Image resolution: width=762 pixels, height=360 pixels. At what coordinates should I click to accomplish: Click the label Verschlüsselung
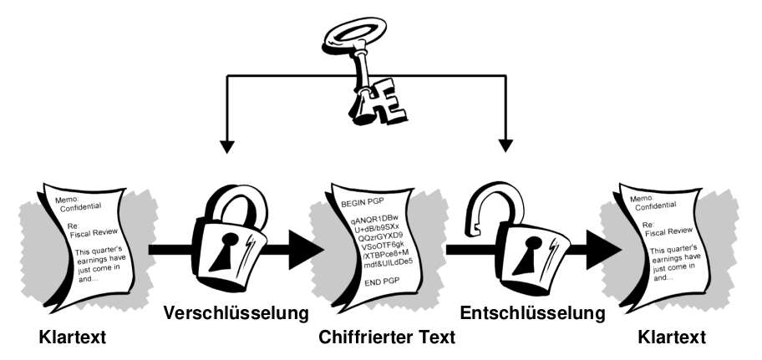tap(236, 313)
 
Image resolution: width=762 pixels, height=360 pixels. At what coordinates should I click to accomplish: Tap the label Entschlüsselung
tap(532, 313)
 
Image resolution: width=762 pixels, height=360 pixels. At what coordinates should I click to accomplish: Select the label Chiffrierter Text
tap(387, 337)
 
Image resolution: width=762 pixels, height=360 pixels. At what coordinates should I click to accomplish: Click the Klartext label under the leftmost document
tap(73, 337)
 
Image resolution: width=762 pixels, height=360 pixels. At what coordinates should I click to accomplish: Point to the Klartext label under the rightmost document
tap(672, 337)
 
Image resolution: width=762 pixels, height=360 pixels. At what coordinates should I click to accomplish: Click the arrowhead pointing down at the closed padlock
tap(227, 146)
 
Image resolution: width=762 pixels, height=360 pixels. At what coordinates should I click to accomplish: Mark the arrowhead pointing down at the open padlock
tap(505, 145)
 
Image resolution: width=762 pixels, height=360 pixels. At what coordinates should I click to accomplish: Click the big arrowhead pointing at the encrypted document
tap(306, 250)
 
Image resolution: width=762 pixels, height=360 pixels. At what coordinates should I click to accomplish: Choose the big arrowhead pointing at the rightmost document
tap(603, 250)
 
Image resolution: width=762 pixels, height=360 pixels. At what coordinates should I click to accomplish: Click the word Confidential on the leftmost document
tap(81, 206)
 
